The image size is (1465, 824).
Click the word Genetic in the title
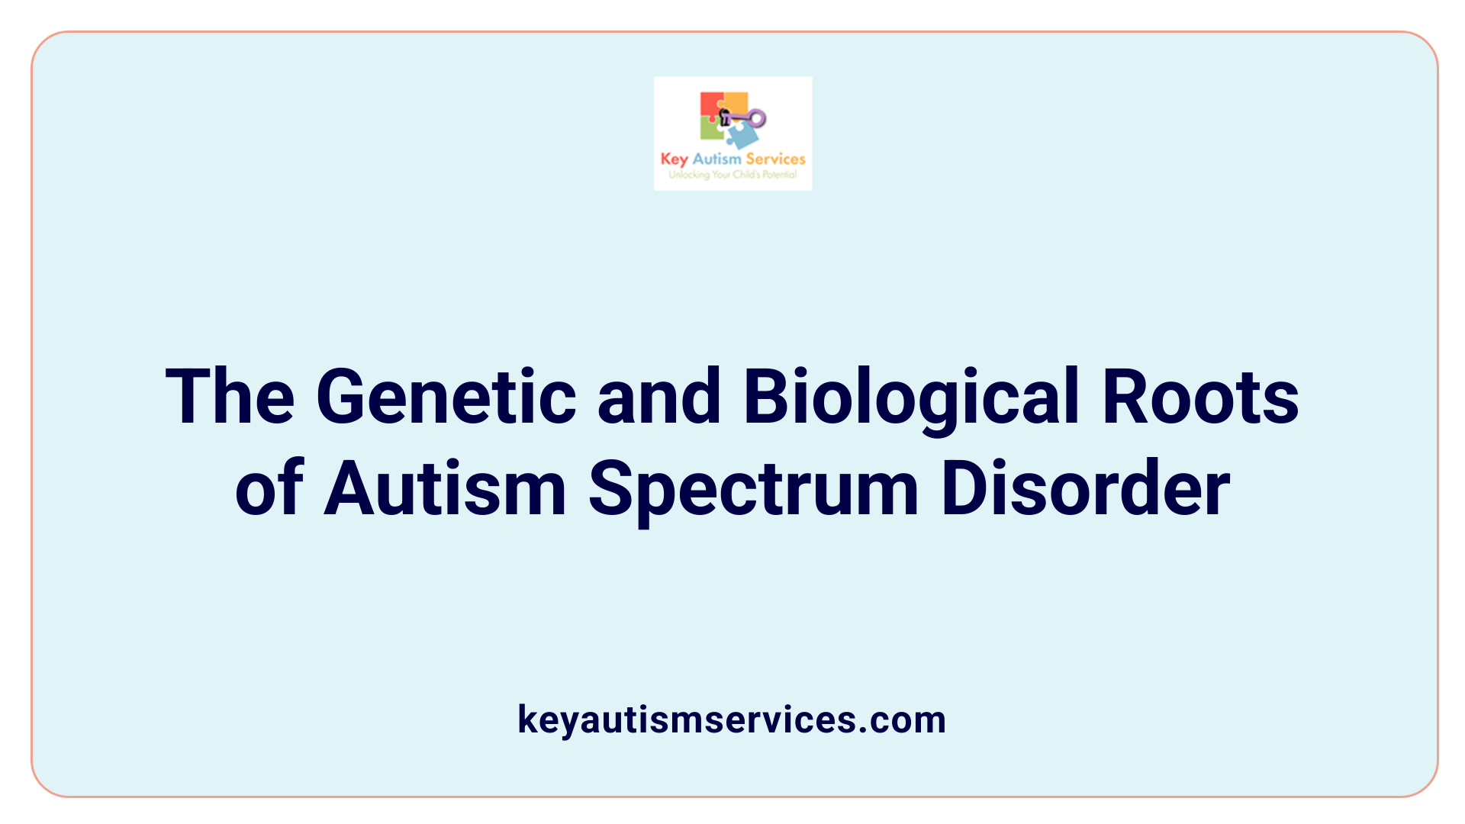coord(446,397)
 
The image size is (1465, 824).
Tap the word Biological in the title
coord(911,397)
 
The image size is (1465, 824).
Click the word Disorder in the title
coord(1085,488)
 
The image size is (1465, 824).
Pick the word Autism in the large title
coord(445,488)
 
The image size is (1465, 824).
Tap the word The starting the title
coord(230,397)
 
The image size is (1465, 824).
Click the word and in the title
coord(659,397)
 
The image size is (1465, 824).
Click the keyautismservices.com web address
coord(732,719)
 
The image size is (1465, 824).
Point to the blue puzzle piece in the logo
coord(742,136)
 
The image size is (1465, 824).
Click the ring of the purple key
coord(756,118)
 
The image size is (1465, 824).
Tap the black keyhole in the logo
coord(725,117)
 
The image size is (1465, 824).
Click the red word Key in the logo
coord(674,159)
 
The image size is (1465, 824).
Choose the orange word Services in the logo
coord(775,159)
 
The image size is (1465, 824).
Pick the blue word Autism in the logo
coord(716,159)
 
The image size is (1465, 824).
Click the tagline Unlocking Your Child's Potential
coord(732,175)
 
